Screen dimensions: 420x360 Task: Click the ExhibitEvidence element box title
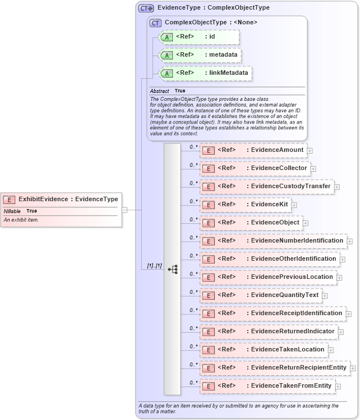(68, 199)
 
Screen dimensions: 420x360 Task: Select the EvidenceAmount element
(253, 150)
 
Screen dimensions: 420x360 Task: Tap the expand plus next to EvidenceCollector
(314, 168)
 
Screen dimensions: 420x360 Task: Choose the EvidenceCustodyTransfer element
(266, 186)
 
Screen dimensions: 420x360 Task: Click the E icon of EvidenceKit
(208, 205)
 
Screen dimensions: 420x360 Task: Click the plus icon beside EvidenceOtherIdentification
(342, 259)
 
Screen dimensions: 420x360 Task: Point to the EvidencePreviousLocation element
(268, 277)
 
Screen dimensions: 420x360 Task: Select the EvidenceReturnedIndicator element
(269, 332)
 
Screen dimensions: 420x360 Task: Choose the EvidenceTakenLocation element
(264, 350)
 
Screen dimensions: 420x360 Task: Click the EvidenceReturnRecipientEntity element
(275, 368)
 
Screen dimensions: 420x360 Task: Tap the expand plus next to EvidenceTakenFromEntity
(338, 387)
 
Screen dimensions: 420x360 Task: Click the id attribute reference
(199, 37)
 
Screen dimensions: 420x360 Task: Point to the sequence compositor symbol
(172, 269)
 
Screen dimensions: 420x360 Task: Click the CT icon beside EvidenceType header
(146, 8)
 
